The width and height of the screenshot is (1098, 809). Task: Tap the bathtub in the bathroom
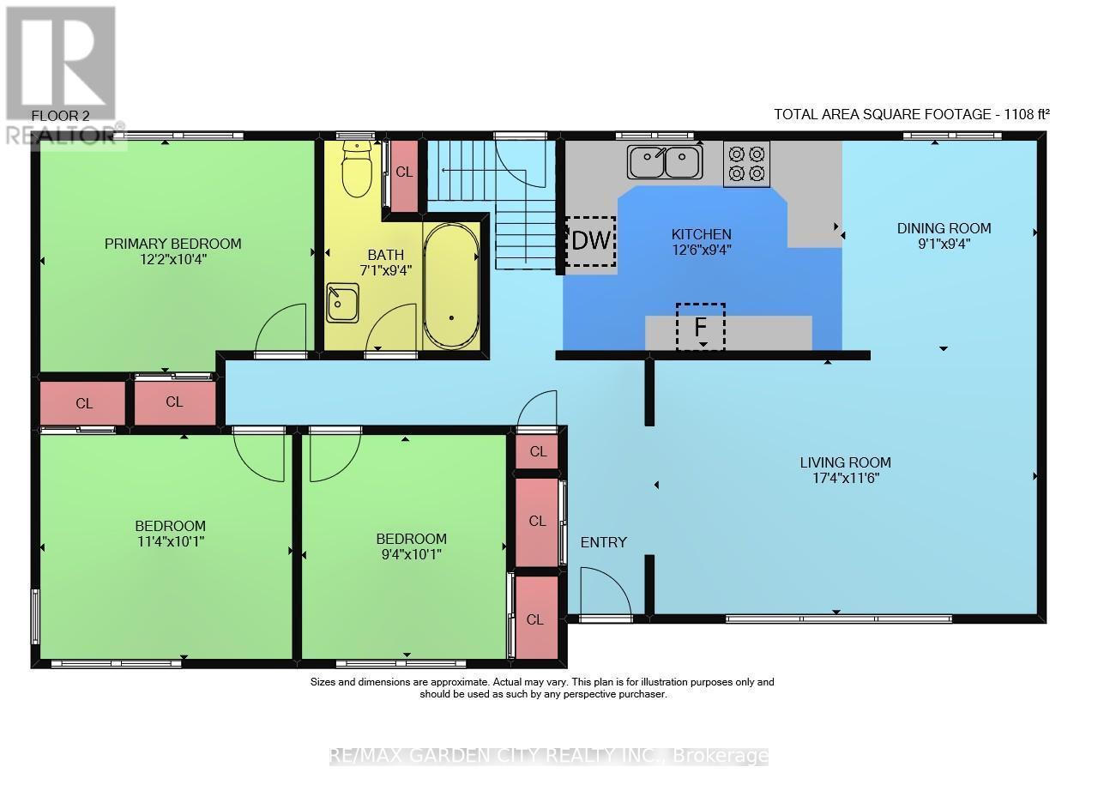point(451,287)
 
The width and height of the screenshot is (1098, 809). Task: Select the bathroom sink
point(342,303)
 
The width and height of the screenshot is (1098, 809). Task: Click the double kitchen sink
point(665,162)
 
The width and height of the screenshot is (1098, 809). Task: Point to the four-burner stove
point(746,164)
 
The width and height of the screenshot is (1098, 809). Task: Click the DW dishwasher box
point(591,241)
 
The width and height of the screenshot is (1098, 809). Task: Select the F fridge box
point(701,327)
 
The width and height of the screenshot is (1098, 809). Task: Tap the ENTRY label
point(603,542)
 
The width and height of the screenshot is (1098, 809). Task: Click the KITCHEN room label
point(701,234)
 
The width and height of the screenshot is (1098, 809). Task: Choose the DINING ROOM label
point(944,228)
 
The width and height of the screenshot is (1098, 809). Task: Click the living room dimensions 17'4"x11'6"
point(846,478)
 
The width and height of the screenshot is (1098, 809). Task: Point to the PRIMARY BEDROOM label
point(173,244)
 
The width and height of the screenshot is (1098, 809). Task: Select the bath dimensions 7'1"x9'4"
point(386,270)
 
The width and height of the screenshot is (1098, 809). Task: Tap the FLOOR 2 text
point(60,116)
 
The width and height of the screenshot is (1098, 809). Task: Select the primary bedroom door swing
point(281,328)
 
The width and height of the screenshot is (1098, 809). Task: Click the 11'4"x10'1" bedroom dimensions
point(171,542)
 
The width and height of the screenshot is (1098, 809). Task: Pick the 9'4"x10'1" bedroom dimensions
point(411,554)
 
